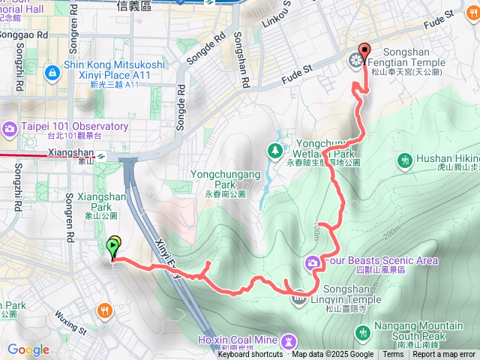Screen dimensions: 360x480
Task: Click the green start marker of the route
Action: coord(113,245)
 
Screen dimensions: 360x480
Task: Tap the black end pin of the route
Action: coord(364,52)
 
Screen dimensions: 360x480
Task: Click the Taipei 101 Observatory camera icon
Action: coord(10,127)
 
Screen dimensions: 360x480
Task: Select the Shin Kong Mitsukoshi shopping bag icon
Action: coord(52,73)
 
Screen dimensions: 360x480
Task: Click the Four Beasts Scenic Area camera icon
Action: coord(313,262)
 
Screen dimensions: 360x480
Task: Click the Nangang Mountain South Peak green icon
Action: coord(363,331)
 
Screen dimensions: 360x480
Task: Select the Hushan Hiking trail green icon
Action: coord(405,159)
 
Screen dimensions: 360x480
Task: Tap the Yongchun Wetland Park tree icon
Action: coord(275,150)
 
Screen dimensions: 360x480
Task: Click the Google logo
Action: coord(28,349)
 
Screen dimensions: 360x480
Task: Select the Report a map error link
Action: coord(445,355)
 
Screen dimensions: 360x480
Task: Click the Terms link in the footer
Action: coord(392,355)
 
